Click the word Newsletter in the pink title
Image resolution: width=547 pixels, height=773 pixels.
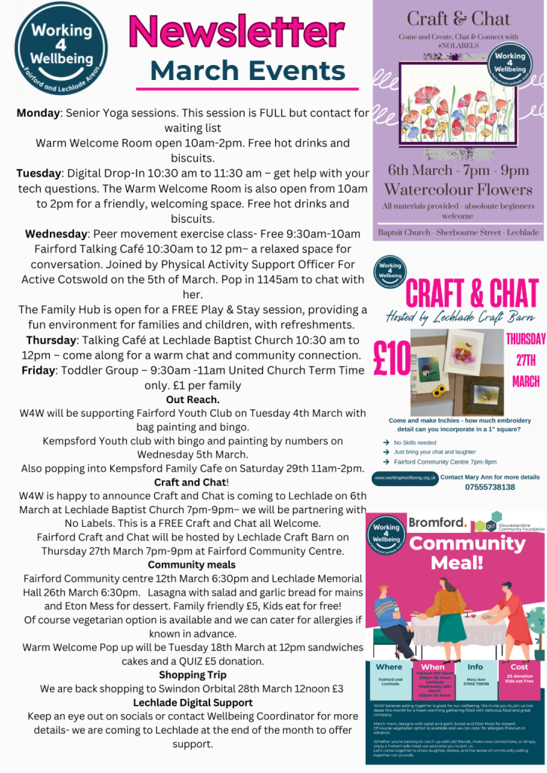point(237,33)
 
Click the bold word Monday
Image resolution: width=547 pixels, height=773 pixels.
point(39,112)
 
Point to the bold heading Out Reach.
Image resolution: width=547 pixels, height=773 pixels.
point(193,399)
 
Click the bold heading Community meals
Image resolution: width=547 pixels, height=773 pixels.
point(192,564)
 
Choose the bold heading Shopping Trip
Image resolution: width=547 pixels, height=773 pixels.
point(193,674)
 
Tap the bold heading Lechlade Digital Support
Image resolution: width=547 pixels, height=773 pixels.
point(193,703)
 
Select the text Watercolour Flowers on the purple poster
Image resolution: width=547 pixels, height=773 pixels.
point(458,189)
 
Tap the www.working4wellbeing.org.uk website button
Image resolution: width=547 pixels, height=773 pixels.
point(405,478)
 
